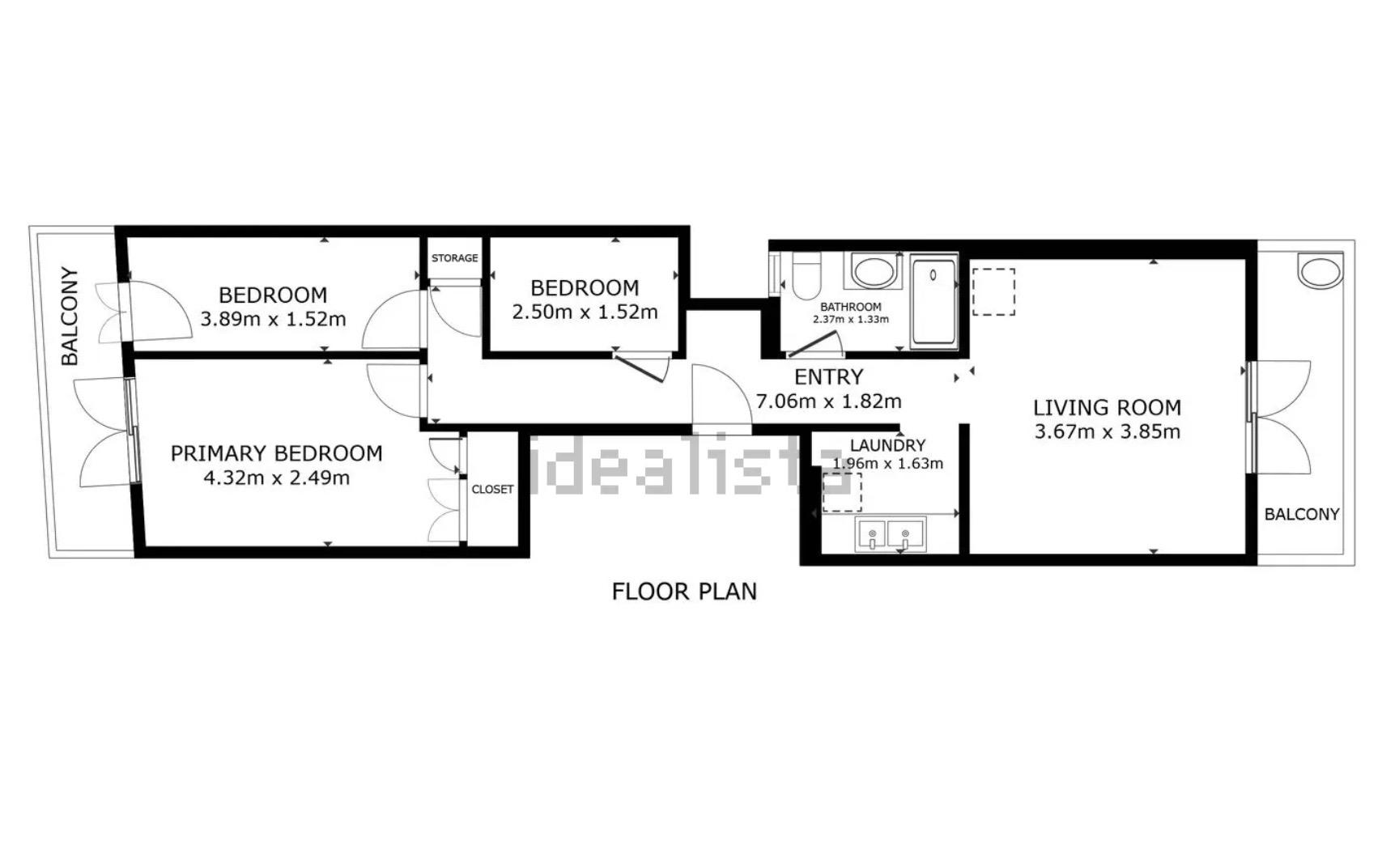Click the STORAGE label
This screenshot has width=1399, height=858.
pyautogui.click(x=454, y=258)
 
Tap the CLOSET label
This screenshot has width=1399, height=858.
pyautogui.click(x=492, y=489)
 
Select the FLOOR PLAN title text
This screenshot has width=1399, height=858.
pyautogui.click(x=684, y=592)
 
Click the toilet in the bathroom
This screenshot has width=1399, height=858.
pyautogui.click(x=806, y=275)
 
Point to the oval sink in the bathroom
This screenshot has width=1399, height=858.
pyautogui.click(x=873, y=270)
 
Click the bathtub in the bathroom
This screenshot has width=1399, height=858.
pyautogui.click(x=933, y=301)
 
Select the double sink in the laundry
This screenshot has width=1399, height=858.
pyautogui.click(x=891, y=535)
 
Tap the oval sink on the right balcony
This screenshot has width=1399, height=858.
pyautogui.click(x=1320, y=270)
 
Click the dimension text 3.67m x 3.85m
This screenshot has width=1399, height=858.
pyautogui.click(x=1107, y=431)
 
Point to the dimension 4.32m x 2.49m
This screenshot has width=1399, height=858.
pyautogui.click(x=276, y=478)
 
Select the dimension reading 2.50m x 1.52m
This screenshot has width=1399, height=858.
pyautogui.click(x=585, y=312)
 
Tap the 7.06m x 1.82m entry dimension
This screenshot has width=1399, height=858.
pyautogui.click(x=828, y=401)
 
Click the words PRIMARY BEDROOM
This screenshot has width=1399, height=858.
pyautogui.click(x=276, y=453)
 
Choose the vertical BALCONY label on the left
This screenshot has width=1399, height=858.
pyautogui.click(x=70, y=316)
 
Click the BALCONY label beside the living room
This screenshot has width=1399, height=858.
pyautogui.click(x=1302, y=514)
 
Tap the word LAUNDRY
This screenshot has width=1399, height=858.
pyautogui.click(x=887, y=445)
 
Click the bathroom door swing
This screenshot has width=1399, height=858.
pyautogui.click(x=816, y=346)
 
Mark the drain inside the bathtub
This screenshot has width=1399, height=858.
pyautogui.click(x=933, y=275)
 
